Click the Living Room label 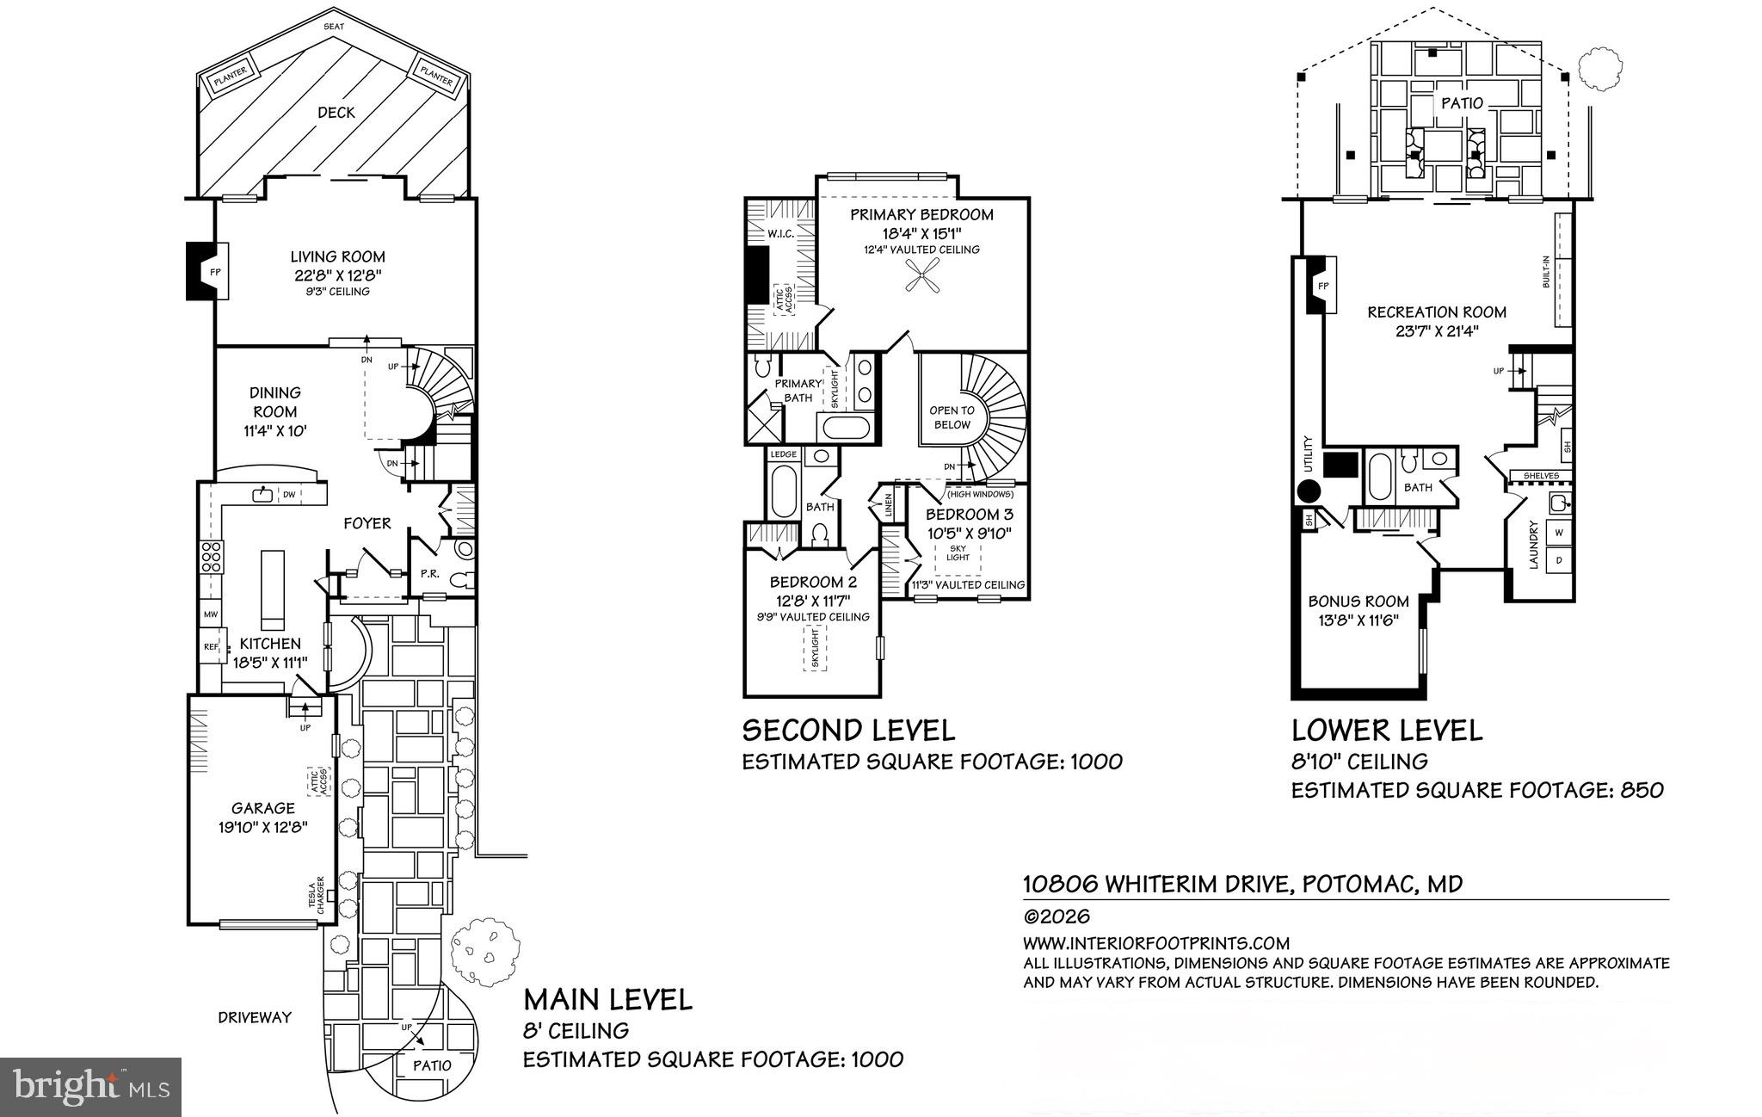337,256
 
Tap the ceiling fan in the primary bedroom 922,280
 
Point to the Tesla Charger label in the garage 317,896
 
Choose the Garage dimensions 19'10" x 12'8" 263,827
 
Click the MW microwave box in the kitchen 211,614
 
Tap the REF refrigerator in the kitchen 211,646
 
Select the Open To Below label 952,417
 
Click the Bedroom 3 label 969,515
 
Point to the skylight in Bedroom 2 814,648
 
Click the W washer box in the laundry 1559,533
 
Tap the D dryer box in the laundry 1559,562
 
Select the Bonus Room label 1358,602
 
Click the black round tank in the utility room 1309,492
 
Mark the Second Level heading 848,731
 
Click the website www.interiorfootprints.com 1156,943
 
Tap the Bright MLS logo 90,1086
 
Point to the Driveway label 255,1017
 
